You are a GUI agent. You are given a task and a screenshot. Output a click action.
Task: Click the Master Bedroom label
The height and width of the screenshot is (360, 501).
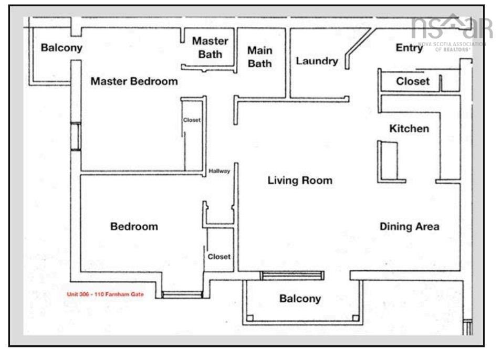[134, 81]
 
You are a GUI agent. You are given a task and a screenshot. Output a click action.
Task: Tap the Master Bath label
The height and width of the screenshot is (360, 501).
[210, 47]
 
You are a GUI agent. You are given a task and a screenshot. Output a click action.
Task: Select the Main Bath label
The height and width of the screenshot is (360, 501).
[259, 57]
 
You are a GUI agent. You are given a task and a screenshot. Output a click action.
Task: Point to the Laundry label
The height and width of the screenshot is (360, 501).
[317, 61]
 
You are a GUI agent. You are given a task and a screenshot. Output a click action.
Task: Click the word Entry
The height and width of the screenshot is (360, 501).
[409, 48]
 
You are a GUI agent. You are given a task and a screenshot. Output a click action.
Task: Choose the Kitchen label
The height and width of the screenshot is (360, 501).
[409, 129]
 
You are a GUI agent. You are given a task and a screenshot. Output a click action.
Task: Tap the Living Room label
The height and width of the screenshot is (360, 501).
[300, 181]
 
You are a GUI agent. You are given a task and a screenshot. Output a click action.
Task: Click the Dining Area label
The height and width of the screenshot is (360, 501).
[410, 227]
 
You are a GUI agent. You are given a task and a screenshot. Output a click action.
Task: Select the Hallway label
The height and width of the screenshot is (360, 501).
[220, 171]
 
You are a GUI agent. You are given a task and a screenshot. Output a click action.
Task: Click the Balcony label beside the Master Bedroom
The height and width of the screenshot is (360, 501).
[62, 48]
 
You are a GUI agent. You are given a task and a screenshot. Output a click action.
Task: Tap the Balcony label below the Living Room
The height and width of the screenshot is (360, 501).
[299, 299]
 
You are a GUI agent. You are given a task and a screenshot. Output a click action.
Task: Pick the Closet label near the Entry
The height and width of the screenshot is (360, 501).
[413, 82]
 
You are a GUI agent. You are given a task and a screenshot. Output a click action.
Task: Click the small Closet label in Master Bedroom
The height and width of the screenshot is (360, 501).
[192, 120]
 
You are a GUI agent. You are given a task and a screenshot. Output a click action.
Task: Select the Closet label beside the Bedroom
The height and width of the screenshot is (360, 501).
[219, 257]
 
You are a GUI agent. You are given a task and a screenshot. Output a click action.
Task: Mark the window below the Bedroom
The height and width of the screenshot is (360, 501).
[182, 295]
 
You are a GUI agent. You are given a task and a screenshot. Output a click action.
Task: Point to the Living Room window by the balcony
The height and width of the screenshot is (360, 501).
[293, 276]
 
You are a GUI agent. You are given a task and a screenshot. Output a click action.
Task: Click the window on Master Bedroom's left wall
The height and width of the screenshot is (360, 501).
[75, 136]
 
